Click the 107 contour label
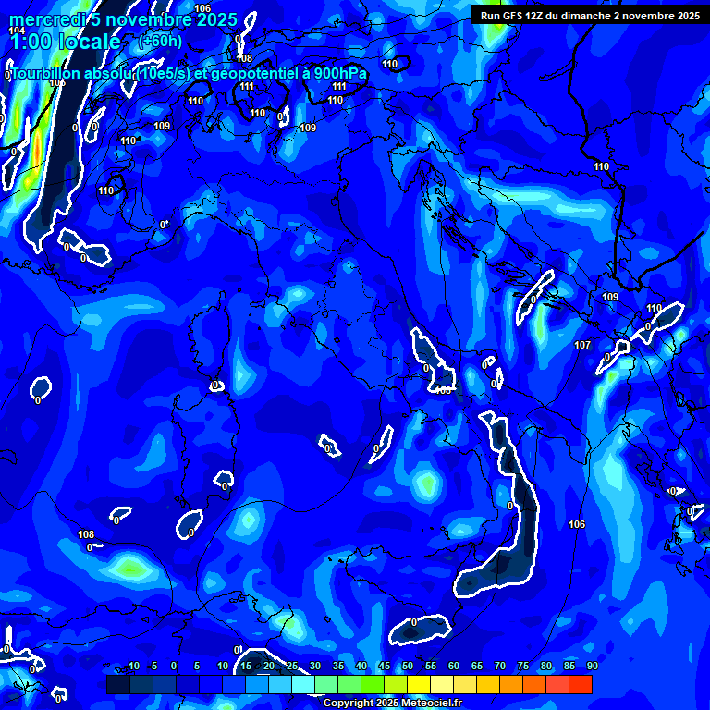(581, 345)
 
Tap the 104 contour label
(17, 31)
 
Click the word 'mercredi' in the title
(43, 19)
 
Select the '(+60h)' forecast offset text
(160, 41)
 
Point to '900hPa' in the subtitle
(338, 73)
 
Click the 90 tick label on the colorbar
(592, 666)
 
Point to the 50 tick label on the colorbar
(408, 666)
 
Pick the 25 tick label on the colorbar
(292, 666)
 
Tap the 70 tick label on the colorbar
(500, 666)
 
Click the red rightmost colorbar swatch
(581, 684)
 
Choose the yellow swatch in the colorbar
(419, 684)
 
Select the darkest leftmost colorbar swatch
(117, 684)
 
